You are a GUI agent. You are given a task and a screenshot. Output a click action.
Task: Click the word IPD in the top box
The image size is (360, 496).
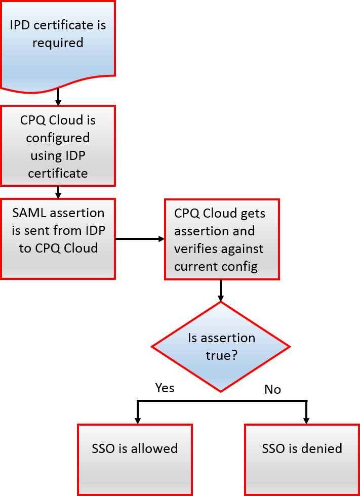[x=21, y=25]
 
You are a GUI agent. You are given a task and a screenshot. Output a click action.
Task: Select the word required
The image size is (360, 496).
[x=58, y=43]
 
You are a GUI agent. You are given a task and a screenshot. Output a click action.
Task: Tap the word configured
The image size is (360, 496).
[x=58, y=138]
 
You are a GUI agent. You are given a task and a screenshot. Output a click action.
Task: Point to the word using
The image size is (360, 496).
[x=45, y=155]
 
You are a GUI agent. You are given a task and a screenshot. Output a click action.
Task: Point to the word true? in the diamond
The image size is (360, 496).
[x=221, y=355]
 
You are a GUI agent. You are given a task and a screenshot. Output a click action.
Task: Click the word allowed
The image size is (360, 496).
[x=154, y=448]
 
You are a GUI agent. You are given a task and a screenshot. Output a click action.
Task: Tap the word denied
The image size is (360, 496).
[x=322, y=448]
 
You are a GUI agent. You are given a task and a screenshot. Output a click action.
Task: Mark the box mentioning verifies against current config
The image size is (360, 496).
[x=222, y=239]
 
